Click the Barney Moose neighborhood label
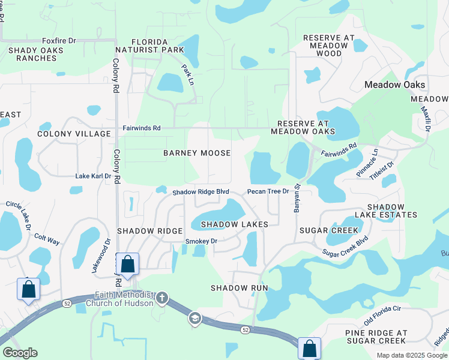pos(197,153)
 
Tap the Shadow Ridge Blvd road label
pos(201,192)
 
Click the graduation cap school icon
pos(194,319)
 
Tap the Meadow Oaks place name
pos(395,85)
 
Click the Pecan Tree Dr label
pos(268,192)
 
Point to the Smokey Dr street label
pos(200,241)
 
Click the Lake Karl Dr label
pos(93,176)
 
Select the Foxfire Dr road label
pos(59,40)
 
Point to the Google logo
pos(20,353)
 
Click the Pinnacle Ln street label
pos(367,162)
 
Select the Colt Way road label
pos(47,239)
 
